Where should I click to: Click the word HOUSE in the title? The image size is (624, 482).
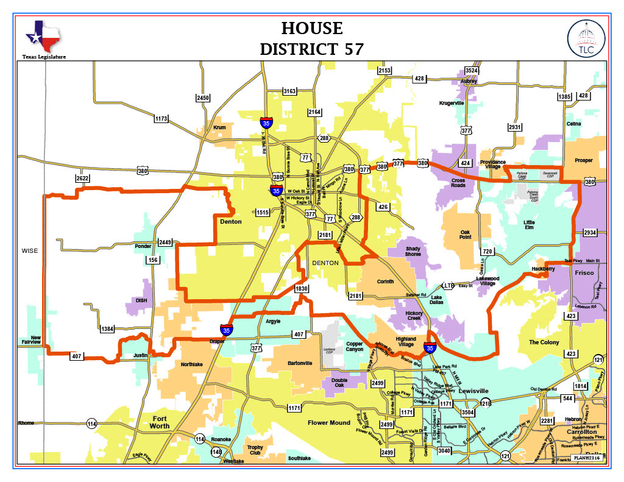point(311,28)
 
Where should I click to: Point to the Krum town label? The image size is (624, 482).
point(219,127)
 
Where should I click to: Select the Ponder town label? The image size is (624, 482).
point(143,247)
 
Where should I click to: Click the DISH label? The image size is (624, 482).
point(141,300)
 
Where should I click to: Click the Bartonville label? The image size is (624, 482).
point(300,363)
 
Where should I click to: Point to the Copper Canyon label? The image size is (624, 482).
point(355,346)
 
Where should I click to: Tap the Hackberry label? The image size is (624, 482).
point(543,268)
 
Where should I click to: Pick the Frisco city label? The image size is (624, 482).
point(584,273)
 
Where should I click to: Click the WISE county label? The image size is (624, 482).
point(29,250)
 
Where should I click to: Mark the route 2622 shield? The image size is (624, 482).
point(83,178)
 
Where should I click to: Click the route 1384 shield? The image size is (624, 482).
point(107,329)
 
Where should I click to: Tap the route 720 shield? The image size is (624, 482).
point(487,252)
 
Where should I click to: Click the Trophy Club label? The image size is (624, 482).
point(255,451)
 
